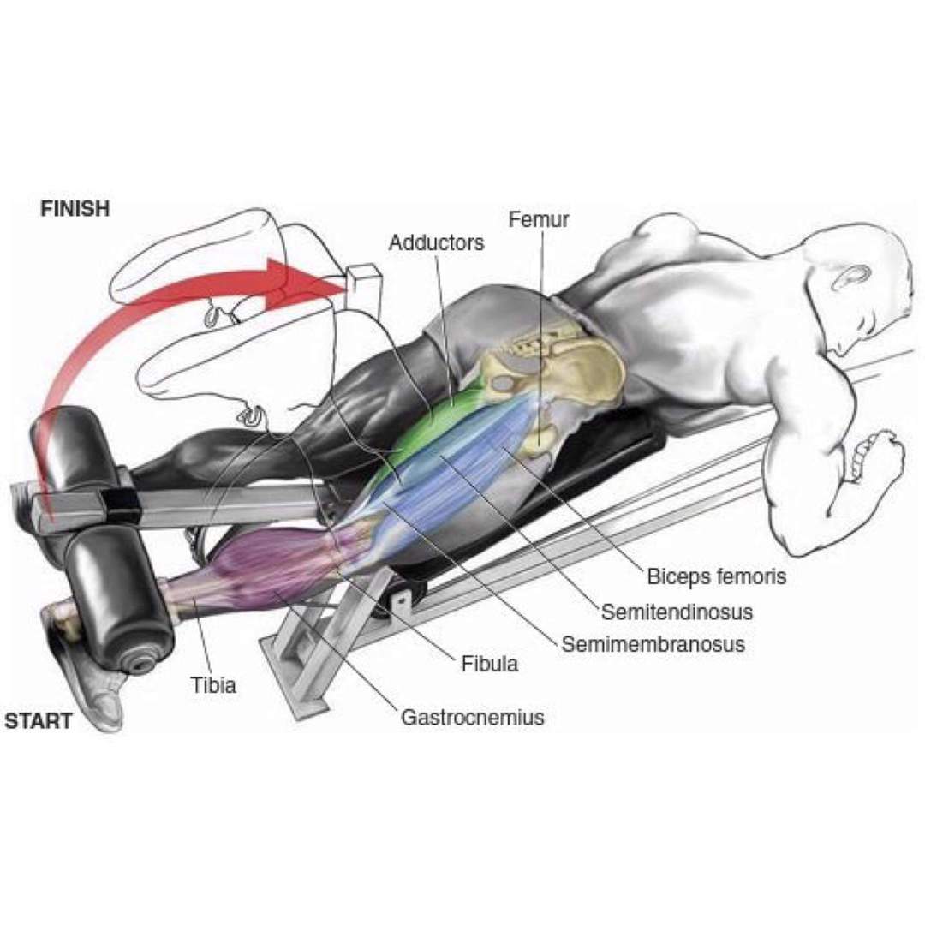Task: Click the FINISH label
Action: (x=75, y=208)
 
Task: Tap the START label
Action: (x=39, y=720)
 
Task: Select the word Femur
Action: (x=538, y=219)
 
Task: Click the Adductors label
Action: (x=436, y=242)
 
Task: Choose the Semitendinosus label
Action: (x=677, y=612)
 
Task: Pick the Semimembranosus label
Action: (x=653, y=643)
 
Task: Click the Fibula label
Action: (x=489, y=662)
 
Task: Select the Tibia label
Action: (x=213, y=684)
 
